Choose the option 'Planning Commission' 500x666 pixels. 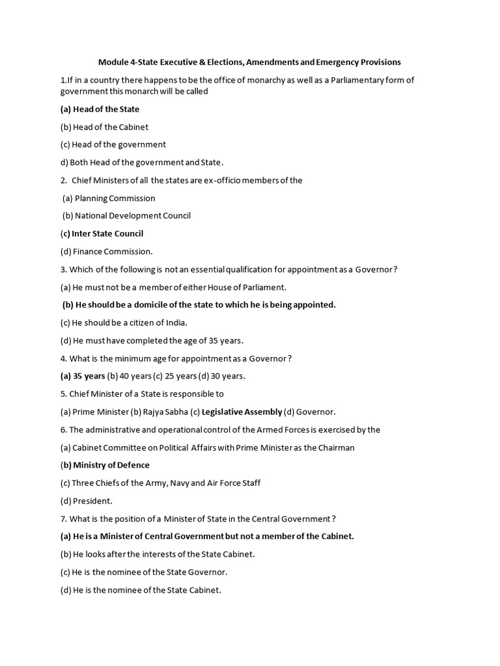click(115, 198)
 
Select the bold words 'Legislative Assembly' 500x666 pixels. click(242, 412)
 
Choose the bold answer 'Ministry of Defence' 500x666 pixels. click(111, 465)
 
